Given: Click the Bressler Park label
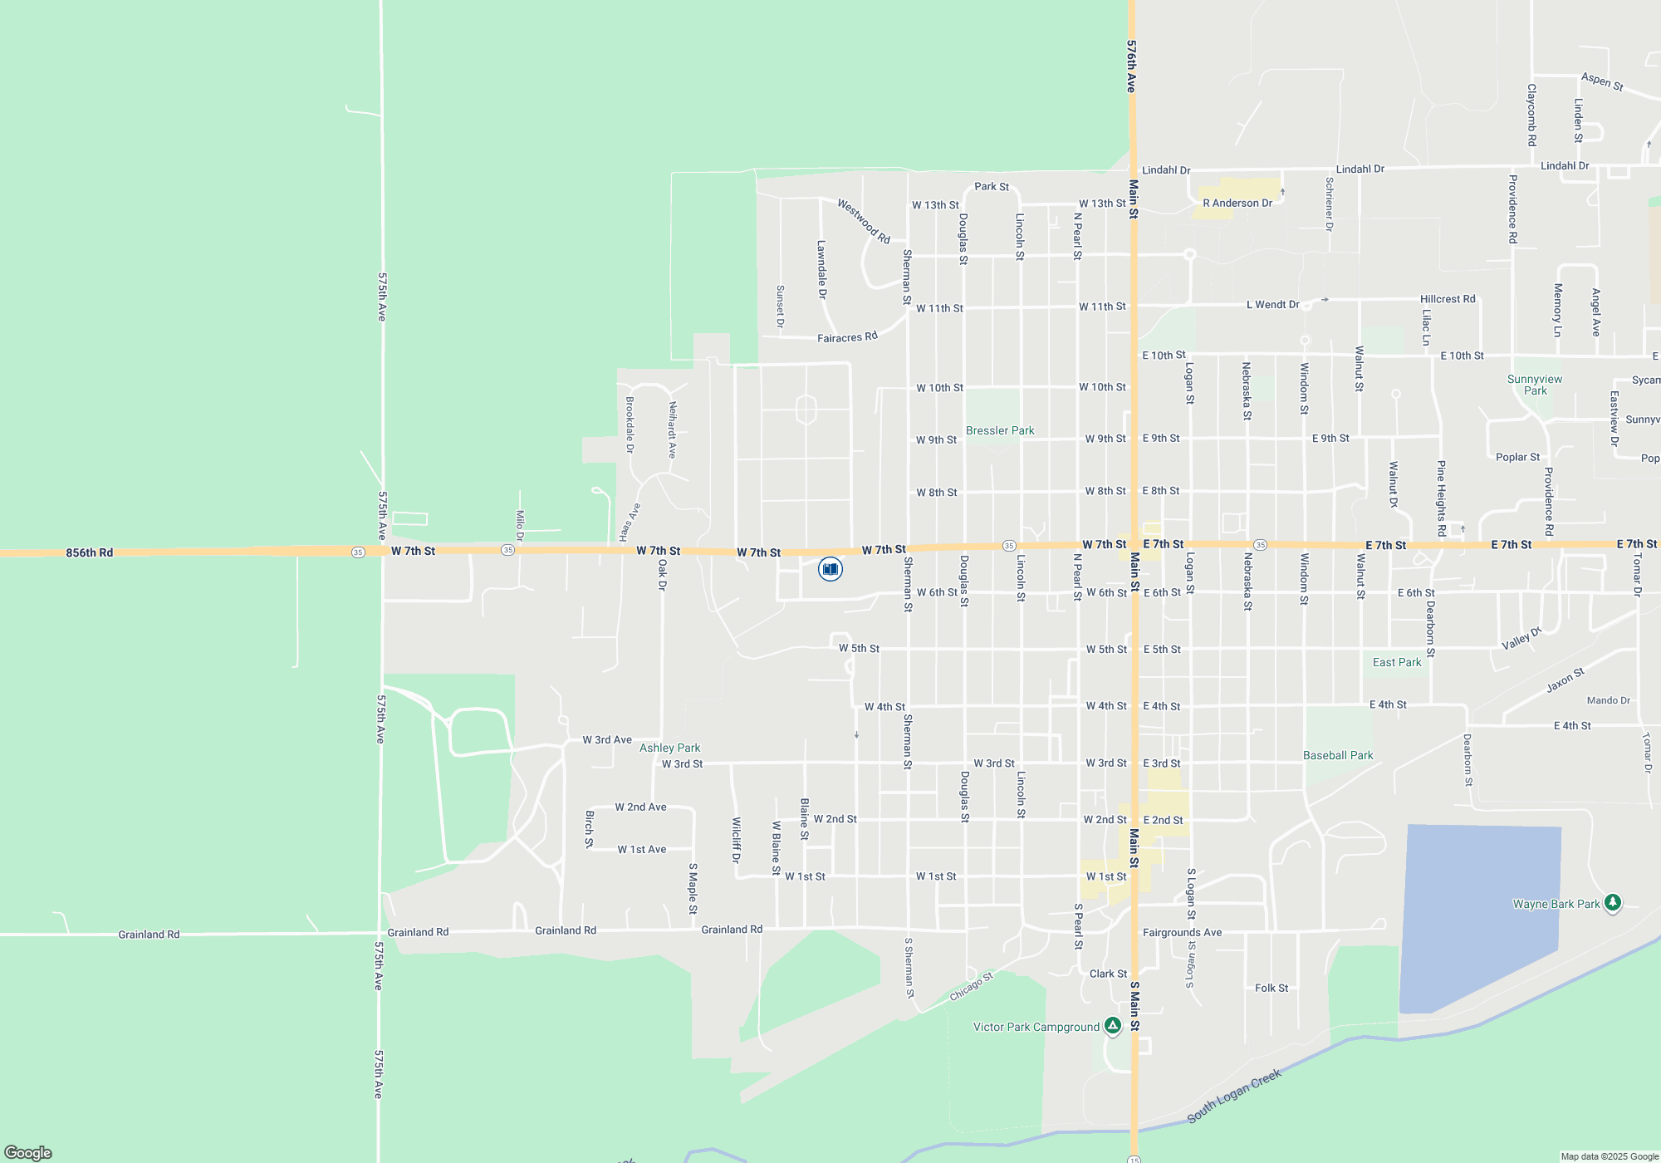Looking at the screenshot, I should point(1000,430).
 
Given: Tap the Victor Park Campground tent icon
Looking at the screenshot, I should point(1113,1026).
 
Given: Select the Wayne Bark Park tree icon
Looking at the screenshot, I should point(1612,902).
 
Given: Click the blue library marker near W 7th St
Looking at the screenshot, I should point(830,569).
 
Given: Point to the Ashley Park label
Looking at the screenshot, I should point(669,748).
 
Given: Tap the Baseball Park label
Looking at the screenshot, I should point(1338,755).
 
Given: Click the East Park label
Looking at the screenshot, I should point(1397,662).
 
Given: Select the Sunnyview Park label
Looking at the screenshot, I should point(1535,385).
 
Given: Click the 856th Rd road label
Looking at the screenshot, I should point(90,552).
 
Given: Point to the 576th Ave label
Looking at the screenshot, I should point(1131,66).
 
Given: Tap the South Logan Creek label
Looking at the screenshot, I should point(1234,1096).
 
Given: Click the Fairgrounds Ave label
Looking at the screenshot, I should point(1182,932).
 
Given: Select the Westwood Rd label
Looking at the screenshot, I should point(864,221).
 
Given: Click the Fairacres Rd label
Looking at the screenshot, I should point(847,337).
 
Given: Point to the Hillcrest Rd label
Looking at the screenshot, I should point(1448,299).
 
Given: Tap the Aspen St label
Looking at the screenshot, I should point(1602,81).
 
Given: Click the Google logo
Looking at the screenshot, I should point(28,1152).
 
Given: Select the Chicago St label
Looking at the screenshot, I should point(971,987).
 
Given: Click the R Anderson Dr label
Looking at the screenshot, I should point(1237,203).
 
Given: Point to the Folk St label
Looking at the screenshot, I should point(1271,988).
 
